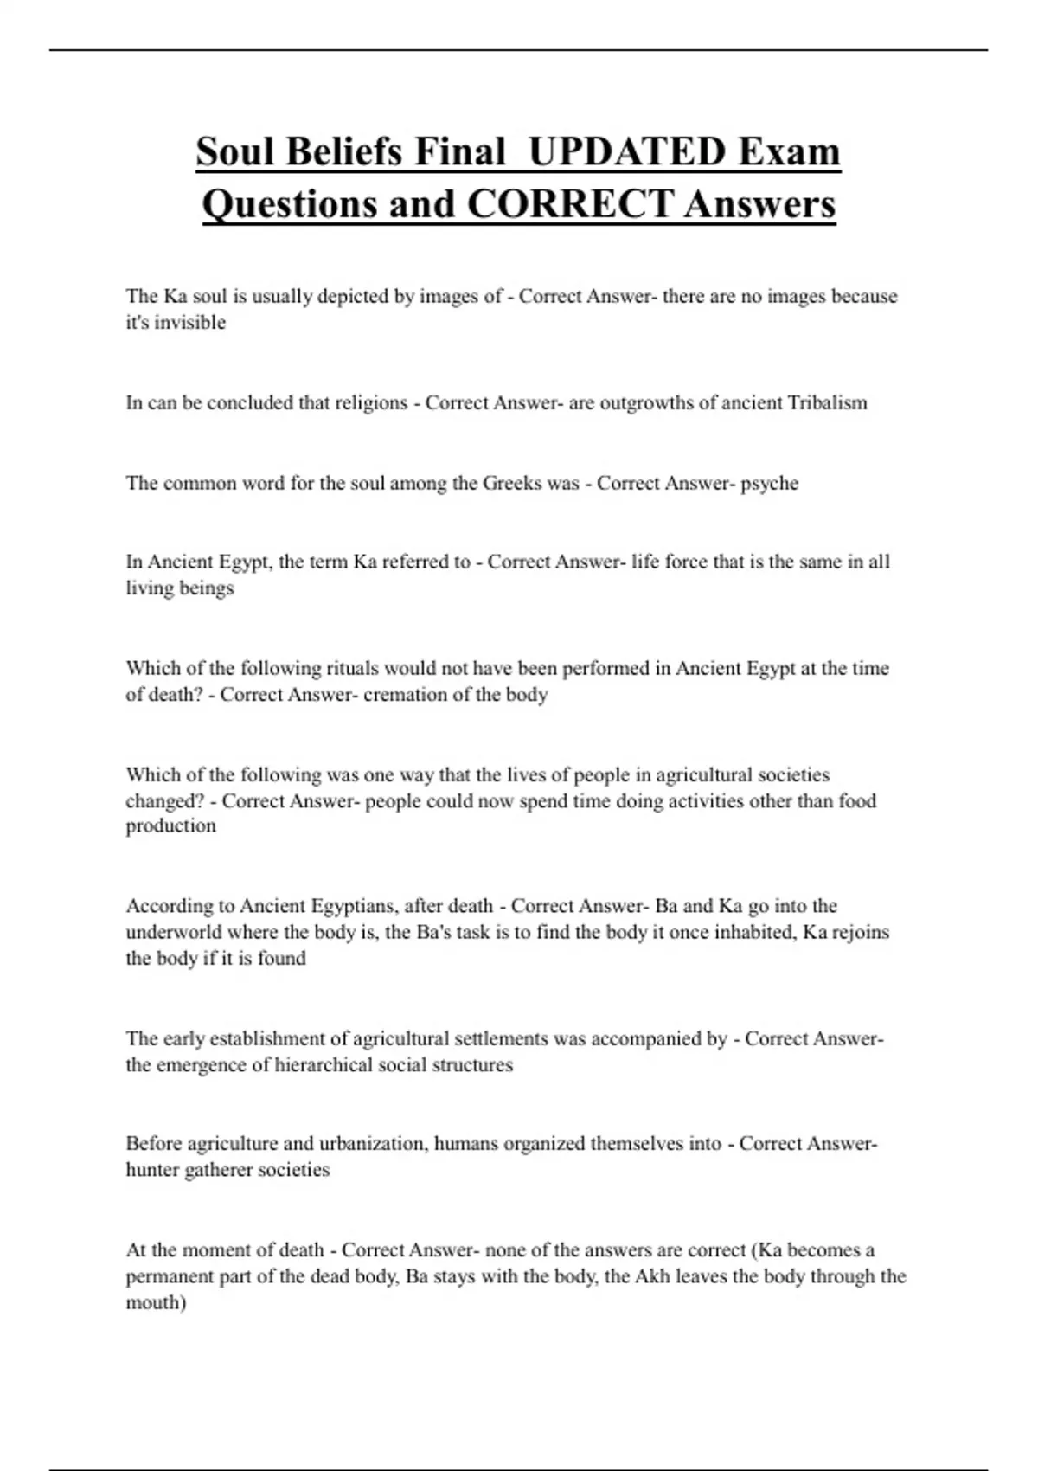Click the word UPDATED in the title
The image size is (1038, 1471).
[626, 152]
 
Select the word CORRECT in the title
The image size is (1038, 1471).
[570, 205]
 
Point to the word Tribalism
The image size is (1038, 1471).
[827, 403]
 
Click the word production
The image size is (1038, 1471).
[170, 826]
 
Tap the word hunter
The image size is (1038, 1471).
[152, 1171]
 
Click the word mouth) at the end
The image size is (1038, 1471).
[156, 1303]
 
